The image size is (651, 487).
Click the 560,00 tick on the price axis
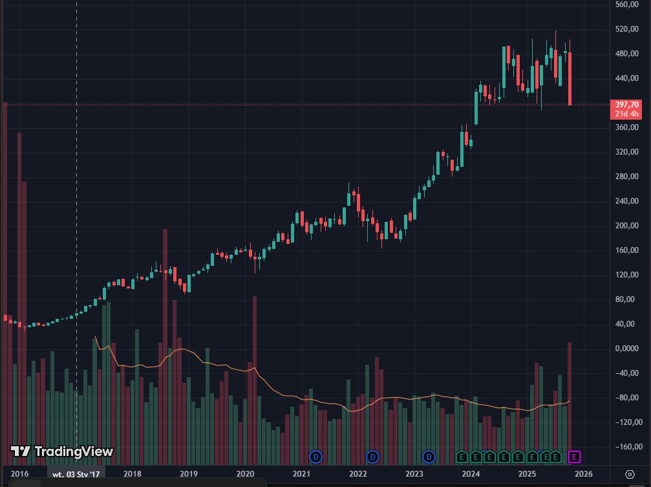click(x=627, y=5)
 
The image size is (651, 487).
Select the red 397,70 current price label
click(x=626, y=105)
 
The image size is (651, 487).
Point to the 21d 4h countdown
click(x=627, y=114)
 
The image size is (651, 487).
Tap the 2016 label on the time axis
click(x=20, y=474)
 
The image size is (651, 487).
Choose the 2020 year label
click(x=245, y=474)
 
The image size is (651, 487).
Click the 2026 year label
click(x=584, y=474)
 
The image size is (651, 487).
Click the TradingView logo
click(x=62, y=451)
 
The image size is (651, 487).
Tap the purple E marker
click(x=574, y=457)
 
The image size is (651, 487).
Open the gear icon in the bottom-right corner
click(x=630, y=474)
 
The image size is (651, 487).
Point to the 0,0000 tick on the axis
click(x=627, y=349)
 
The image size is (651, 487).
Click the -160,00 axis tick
click(x=627, y=447)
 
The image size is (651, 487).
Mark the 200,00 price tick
click(x=627, y=226)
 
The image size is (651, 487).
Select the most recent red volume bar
click(x=570, y=401)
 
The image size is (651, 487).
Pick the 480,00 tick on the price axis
click(x=627, y=54)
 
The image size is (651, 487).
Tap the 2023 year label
click(x=414, y=474)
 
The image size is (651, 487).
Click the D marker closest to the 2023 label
click(x=429, y=457)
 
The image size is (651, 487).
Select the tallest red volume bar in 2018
click(x=165, y=343)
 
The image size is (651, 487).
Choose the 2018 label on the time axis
click(x=133, y=474)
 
